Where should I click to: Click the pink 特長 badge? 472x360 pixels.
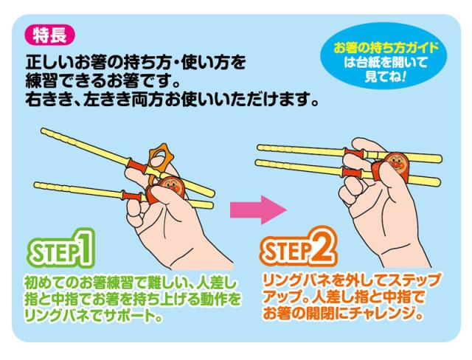coord(50,35)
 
